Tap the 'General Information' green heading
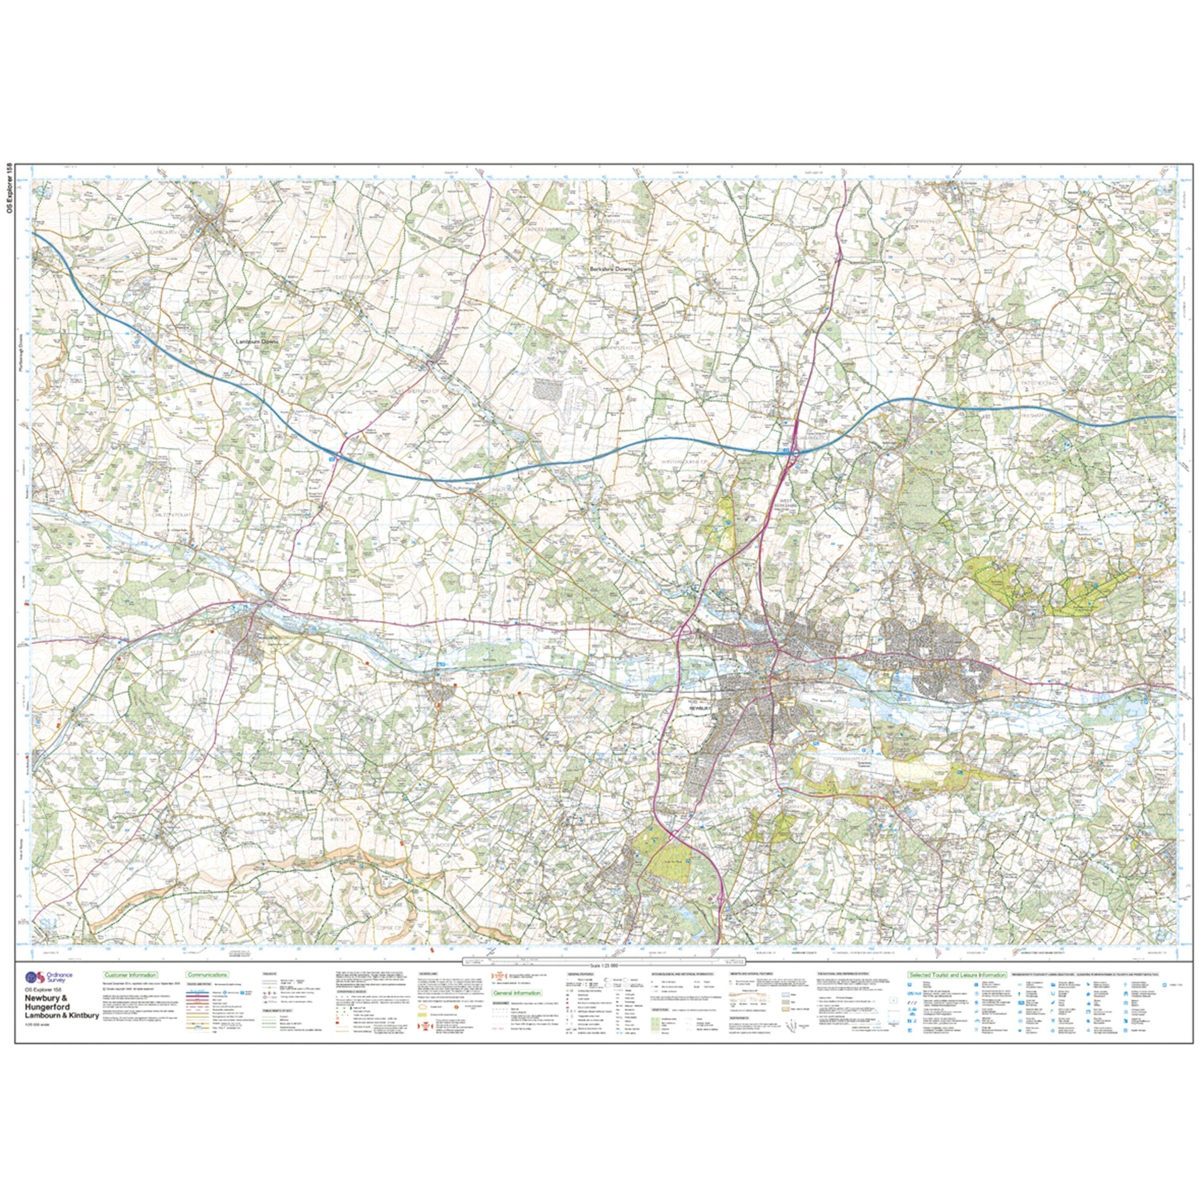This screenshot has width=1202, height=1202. pos(516,994)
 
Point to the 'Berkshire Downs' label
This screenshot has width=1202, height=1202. pos(610,269)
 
